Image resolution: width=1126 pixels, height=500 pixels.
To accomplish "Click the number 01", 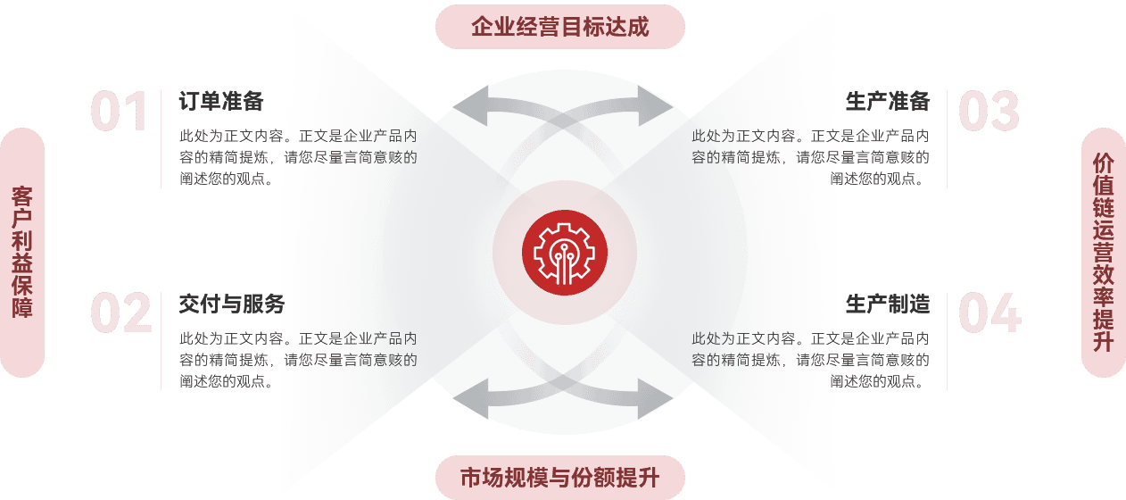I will click(x=119, y=112).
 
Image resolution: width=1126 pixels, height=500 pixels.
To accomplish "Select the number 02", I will click(x=120, y=314).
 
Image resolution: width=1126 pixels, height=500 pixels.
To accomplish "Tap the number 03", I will click(x=989, y=112).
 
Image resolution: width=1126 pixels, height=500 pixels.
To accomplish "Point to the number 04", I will click(x=989, y=314).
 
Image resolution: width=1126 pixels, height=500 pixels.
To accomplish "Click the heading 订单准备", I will click(x=221, y=102).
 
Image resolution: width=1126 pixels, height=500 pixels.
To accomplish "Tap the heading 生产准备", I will click(x=888, y=102).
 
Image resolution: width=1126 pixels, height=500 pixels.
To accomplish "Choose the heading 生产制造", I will click(x=888, y=304).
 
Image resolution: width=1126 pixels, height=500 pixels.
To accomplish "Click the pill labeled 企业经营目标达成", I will click(x=559, y=27).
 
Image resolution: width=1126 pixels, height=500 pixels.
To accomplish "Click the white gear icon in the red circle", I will click(x=564, y=252).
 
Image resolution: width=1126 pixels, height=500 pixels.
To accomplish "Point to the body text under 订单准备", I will click(x=298, y=157).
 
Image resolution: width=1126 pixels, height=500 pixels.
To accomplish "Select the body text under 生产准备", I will click(x=810, y=157).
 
